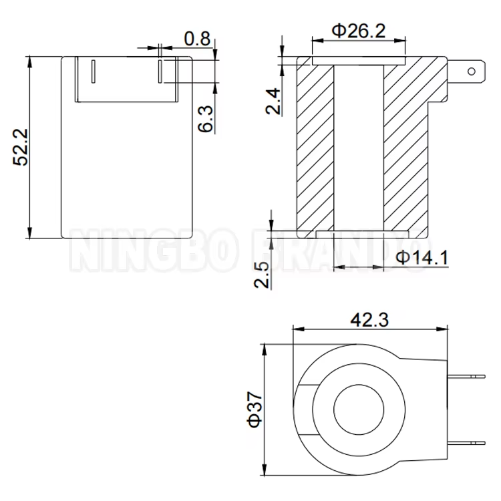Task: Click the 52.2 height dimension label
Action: (20, 147)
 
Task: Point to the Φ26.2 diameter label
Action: (359, 30)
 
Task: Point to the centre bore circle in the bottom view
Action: (359, 408)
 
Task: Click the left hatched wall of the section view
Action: (315, 147)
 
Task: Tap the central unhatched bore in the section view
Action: (359, 147)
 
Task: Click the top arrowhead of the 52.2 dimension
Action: (30, 61)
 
